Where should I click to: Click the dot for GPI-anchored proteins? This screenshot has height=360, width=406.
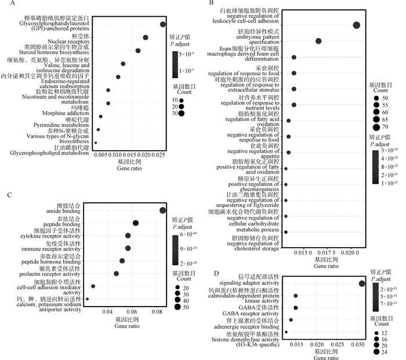(163, 24)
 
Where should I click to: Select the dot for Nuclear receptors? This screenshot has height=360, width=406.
(146, 38)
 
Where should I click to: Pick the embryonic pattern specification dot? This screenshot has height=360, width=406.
(318, 41)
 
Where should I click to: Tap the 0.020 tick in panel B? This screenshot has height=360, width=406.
(350, 253)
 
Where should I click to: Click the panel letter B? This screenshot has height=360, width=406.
(212, 4)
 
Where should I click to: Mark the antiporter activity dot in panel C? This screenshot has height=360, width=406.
(87, 299)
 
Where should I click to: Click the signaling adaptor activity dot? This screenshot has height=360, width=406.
(362, 283)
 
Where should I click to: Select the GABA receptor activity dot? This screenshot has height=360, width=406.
(295, 308)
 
